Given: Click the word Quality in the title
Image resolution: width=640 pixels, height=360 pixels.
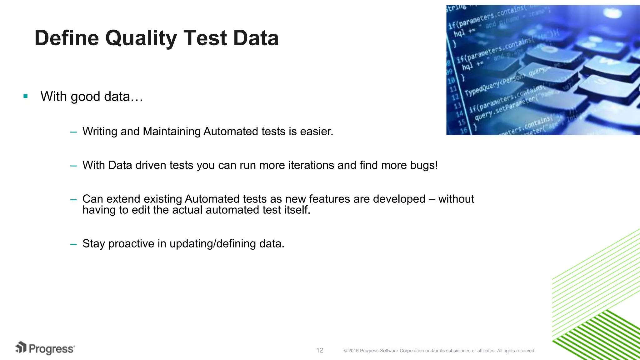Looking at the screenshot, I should click(x=141, y=38).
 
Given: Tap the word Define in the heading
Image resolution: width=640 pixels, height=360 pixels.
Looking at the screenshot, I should click(x=66, y=38).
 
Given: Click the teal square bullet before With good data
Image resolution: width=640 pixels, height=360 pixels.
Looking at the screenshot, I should click(x=26, y=96).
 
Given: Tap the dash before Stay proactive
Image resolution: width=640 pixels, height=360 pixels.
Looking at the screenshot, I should click(x=73, y=244).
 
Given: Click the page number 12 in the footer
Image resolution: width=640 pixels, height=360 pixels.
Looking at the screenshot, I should click(x=320, y=350).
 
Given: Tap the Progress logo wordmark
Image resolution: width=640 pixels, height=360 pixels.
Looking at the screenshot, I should click(x=52, y=349).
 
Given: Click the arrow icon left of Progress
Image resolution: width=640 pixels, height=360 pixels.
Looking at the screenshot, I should click(x=21, y=347).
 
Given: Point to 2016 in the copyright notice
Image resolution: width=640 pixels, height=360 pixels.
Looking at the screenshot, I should click(x=353, y=351).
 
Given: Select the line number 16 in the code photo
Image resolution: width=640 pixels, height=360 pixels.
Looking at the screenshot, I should click(x=464, y=130).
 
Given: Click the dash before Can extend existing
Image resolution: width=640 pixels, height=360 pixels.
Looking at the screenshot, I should click(x=73, y=199).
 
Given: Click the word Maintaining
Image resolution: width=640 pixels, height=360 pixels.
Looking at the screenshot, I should click(x=172, y=132).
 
